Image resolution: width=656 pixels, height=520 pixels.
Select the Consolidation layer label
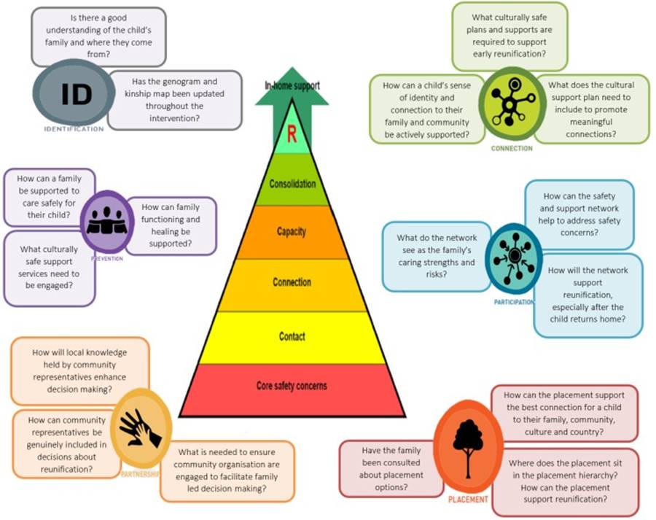tap(292, 184)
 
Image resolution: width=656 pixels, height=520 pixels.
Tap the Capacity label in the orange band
tap(292, 232)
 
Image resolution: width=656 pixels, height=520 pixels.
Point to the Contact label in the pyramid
tap(292, 337)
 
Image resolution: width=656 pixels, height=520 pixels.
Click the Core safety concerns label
tap(292, 385)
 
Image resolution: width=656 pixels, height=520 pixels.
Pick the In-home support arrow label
tap(292, 86)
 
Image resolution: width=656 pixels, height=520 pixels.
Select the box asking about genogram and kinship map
tap(175, 100)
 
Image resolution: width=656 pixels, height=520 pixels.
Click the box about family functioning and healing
tap(171, 225)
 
